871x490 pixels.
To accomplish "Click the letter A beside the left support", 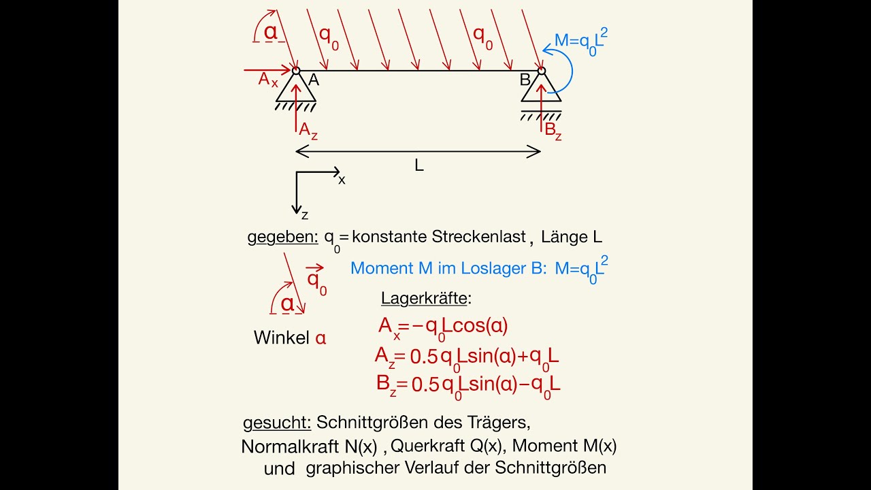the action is coord(314,80).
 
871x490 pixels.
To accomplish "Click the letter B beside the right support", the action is coord(525,80).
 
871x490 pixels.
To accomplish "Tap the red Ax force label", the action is coord(268,80).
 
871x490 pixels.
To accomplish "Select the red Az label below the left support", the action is coord(308,130).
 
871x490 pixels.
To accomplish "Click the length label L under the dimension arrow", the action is coord(418,165).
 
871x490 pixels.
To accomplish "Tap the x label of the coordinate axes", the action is coord(342,180).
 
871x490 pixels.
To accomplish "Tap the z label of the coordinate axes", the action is coord(305,215).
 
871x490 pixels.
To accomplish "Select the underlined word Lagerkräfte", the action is coord(424,298).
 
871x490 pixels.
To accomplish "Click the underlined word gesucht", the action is coord(277,423).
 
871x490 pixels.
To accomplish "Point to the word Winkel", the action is coord(282,338).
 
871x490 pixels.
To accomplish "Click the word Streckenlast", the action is coord(480,236).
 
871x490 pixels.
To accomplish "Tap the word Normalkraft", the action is coord(290,446).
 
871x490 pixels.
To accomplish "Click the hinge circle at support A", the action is coord(296,71).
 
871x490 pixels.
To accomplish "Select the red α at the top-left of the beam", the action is coord(271,32).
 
